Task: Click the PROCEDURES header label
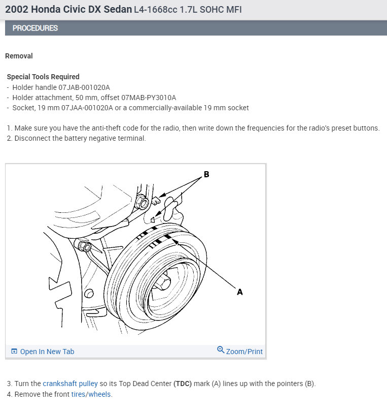point(35,28)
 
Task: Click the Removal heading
point(19,56)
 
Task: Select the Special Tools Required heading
point(43,77)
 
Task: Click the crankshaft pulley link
point(70,384)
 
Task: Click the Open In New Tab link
point(47,352)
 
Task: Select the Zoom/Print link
point(244,352)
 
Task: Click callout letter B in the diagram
point(206,175)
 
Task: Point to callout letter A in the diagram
point(240,292)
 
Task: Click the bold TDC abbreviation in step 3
point(183,384)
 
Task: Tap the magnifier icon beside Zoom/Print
point(221,350)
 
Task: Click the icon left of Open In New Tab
point(14,352)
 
